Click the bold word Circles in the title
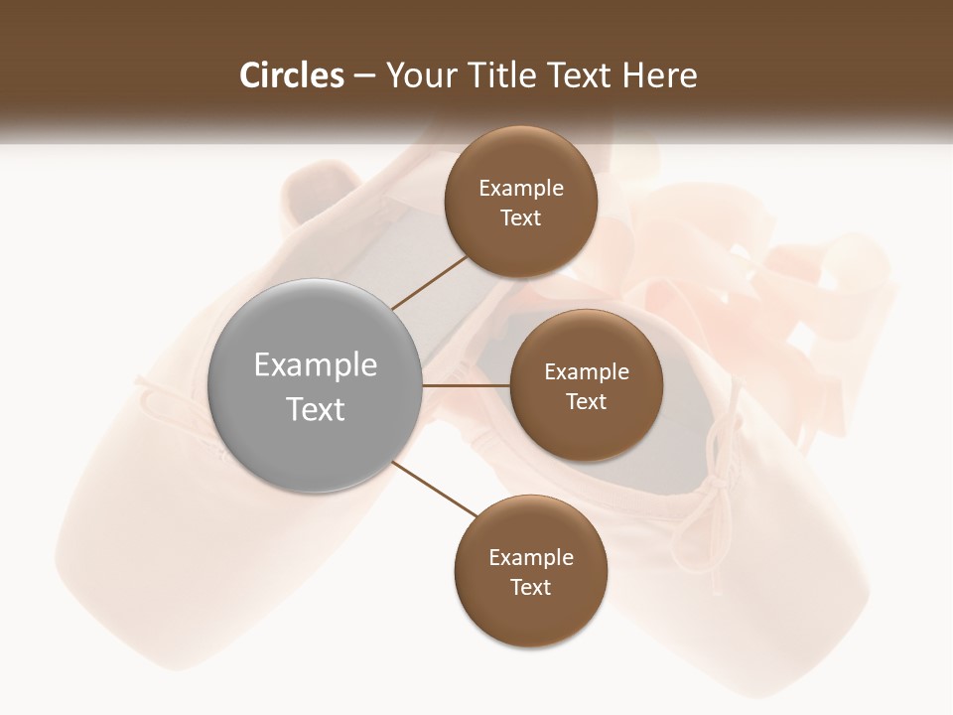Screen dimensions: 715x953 point(291,75)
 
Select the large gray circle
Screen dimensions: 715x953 point(316,386)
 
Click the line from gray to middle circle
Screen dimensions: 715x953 point(467,385)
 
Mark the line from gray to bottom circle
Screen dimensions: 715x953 point(435,488)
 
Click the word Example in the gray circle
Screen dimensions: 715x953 point(316,365)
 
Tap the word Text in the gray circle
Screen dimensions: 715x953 point(316,409)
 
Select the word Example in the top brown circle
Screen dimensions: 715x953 point(521,189)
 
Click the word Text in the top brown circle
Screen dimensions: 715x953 point(521,218)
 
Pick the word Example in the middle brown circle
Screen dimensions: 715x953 point(587,372)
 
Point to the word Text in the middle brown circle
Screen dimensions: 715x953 point(587,402)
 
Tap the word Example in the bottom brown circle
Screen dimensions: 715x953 point(531,558)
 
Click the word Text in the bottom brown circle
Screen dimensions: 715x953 point(531,588)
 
